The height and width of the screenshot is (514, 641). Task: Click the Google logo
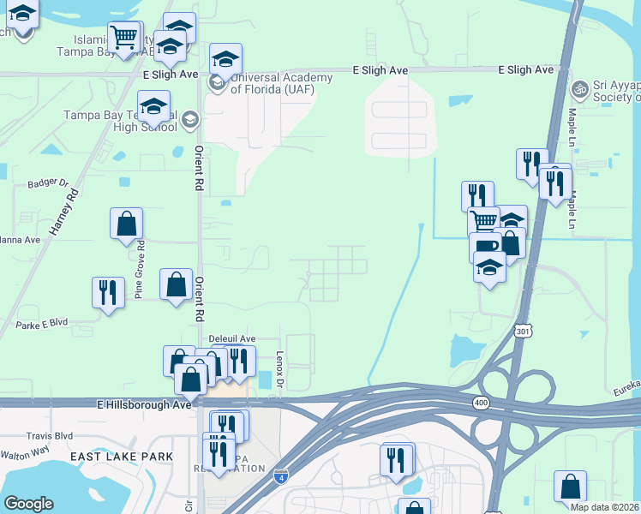[29, 504]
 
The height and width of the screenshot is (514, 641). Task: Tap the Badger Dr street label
[47, 182]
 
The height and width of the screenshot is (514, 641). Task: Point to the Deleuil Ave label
[233, 339]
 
